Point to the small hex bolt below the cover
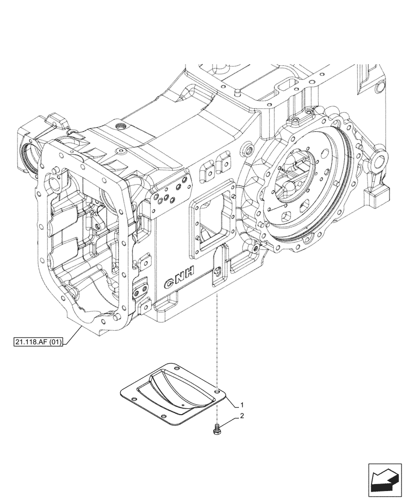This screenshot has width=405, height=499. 217,428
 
